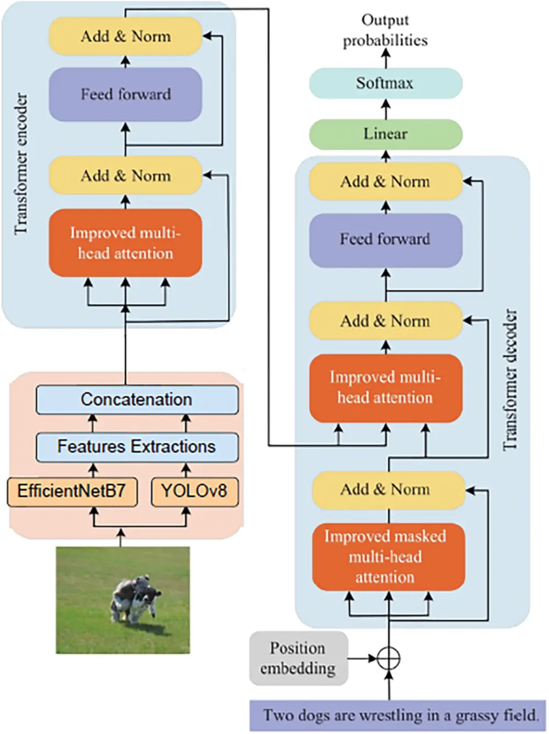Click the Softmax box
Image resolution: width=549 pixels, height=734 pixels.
[385, 83]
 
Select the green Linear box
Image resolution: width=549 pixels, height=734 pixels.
[385, 134]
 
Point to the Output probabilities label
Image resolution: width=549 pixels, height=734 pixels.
[385, 30]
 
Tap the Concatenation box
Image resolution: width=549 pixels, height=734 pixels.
[137, 399]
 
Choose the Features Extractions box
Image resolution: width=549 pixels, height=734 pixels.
[137, 447]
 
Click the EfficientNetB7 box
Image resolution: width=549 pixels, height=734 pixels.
[72, 491]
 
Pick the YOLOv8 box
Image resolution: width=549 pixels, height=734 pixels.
[194, 491]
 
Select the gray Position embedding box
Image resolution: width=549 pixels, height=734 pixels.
[298, 658]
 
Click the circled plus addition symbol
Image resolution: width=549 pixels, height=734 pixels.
[389, 658]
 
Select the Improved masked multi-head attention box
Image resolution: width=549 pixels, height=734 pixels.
[388, 557]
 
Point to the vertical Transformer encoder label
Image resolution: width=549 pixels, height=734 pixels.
[21, 165]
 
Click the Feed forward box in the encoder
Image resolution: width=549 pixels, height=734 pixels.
[126, 94]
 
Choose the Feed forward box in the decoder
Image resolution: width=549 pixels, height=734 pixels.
[385, 240]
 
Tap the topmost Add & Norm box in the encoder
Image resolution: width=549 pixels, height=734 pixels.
[126, 36]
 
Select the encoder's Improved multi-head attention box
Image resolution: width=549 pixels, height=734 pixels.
[126, 243]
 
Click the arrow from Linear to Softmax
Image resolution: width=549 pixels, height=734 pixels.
[385, 109]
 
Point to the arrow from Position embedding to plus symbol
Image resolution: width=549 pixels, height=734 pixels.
[362, 658]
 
